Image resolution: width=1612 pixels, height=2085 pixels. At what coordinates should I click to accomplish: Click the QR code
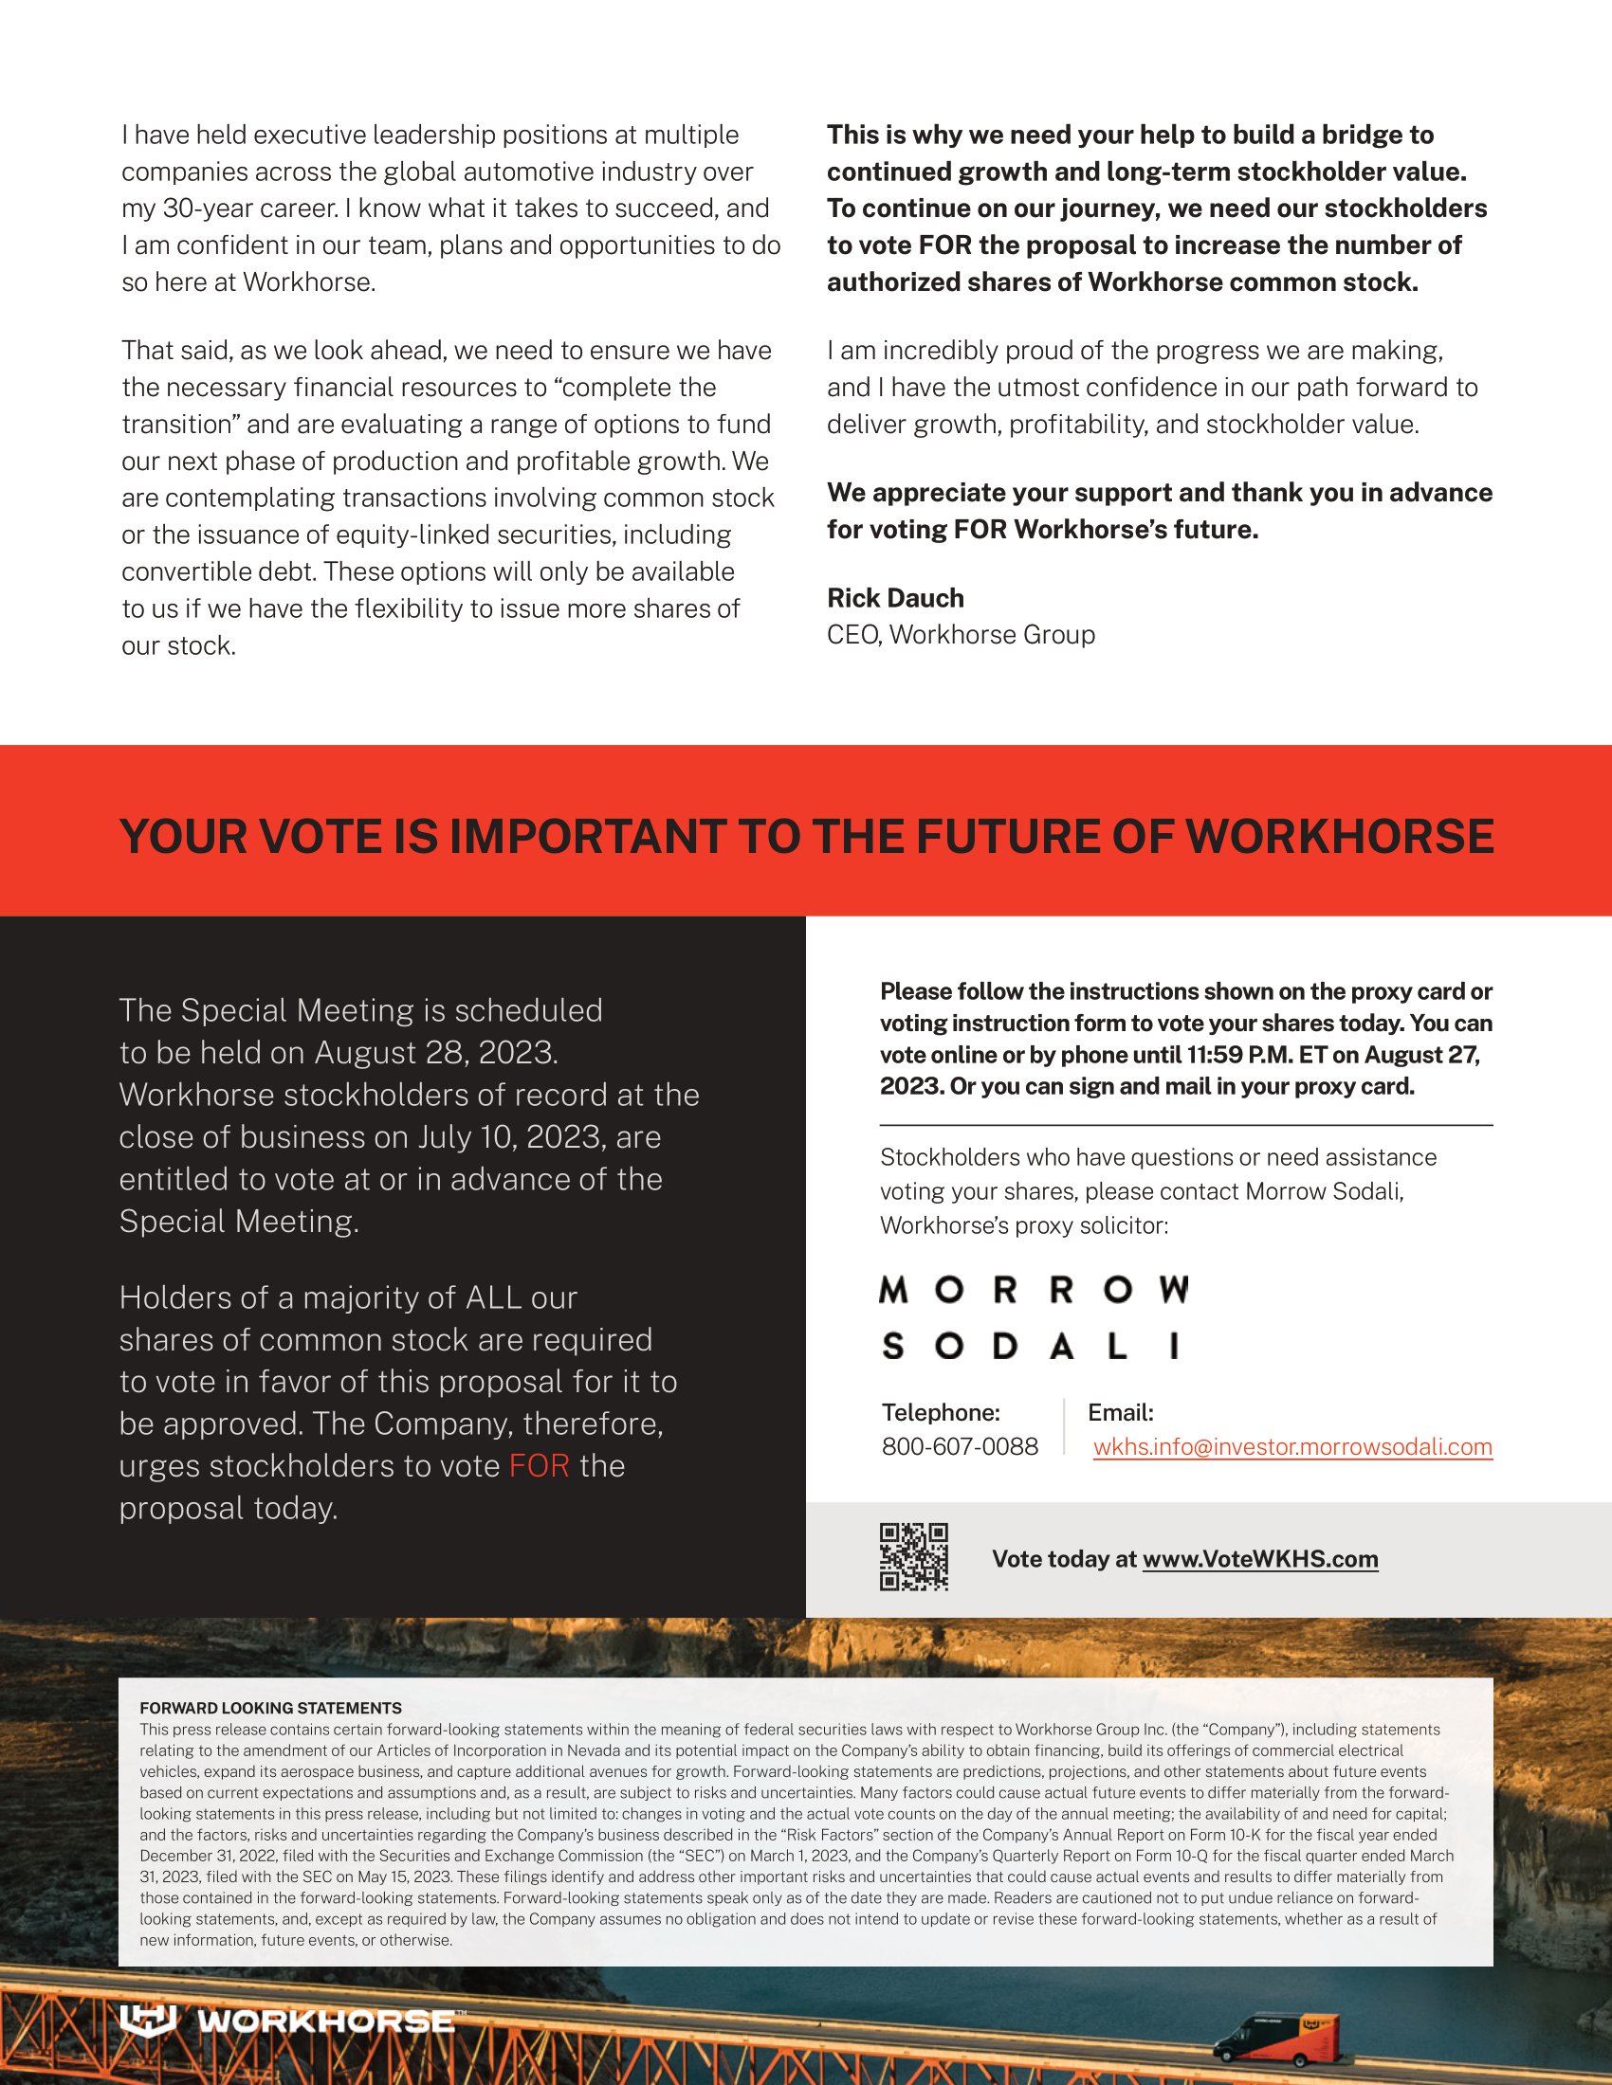point(913,1557)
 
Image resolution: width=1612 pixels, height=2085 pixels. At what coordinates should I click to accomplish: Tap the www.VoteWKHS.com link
point(1259,1559)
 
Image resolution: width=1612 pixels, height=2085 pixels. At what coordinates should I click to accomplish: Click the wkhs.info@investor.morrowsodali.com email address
point(1292,1446)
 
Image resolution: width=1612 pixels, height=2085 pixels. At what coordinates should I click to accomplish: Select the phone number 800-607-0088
point(959,1446)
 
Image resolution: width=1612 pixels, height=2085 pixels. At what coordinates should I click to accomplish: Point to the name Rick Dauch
point(895,598)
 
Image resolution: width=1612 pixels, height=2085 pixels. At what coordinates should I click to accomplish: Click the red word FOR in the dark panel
point(539,1465)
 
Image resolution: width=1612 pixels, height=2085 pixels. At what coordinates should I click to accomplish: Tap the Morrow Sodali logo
point(1034,1317)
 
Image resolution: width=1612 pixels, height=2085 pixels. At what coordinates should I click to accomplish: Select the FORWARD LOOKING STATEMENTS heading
point(270,1708)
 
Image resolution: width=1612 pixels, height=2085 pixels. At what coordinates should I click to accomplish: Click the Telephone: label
point(940,1412)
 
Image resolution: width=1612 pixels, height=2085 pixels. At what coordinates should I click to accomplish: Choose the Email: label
point(1120,1412)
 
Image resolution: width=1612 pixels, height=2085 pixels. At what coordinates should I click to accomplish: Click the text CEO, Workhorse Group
point(960,635)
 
